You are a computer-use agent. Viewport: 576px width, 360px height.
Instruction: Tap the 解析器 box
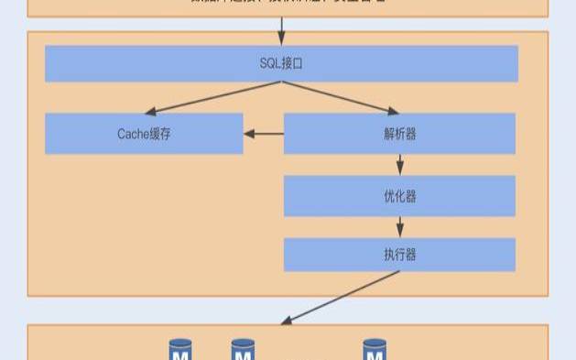tap(458, 133)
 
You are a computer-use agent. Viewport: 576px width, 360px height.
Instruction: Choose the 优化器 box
tap(458, 196)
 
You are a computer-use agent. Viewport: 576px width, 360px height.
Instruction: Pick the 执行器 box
tap(458, 255)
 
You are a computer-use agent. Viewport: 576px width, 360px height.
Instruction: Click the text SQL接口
tap(281, 63)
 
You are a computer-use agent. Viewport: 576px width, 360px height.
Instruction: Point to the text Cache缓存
tap(144, 133)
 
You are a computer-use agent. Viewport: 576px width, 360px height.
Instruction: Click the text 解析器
tap(400, 133)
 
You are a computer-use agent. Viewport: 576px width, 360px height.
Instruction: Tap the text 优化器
tap(400, 196)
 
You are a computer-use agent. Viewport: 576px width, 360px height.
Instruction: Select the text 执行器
tap(400, 255)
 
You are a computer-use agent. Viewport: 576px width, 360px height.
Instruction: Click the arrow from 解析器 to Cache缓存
tap(264, 134)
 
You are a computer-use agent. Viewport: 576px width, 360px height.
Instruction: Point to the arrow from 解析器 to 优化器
tap(400, 165)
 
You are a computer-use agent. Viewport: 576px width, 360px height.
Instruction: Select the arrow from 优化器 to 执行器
tap(400, 227)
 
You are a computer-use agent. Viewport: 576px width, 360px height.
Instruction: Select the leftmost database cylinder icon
tap(180, 350)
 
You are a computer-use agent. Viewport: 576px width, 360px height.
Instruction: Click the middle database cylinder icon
tap(243, 350)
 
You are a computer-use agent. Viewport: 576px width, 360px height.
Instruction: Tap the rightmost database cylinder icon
tap(375, 350)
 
